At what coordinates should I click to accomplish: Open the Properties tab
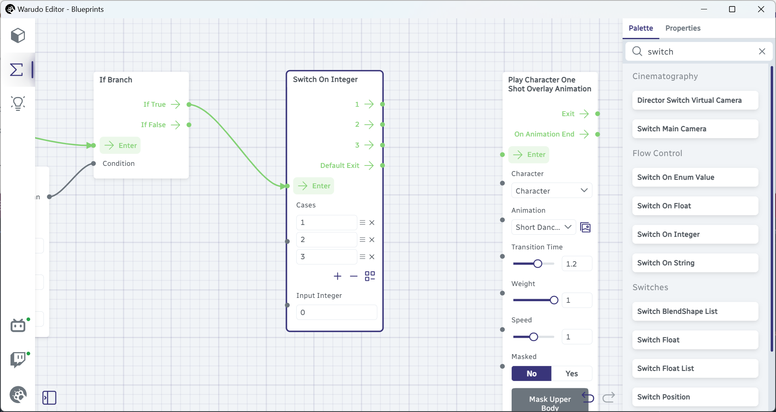683,28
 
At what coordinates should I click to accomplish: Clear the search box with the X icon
762,51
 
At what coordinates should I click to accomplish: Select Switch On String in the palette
695,263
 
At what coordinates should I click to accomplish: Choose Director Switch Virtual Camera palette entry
695,100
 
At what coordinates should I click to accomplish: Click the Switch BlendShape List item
695,311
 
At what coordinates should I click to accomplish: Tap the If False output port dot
189,125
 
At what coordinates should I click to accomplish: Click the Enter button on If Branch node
120,145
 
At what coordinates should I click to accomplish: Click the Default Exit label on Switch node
339,165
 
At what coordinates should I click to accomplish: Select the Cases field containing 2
326,240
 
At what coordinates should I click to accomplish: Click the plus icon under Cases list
337,276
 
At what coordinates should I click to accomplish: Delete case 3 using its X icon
372,257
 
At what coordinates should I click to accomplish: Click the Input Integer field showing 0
337,313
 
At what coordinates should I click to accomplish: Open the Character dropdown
552,191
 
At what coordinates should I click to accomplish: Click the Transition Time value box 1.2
577,264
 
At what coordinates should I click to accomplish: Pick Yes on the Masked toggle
572,374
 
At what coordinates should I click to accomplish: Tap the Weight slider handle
554,300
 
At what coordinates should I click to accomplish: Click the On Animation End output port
598,134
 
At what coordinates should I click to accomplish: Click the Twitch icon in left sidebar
18,359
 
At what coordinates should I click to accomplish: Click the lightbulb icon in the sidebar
18,104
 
